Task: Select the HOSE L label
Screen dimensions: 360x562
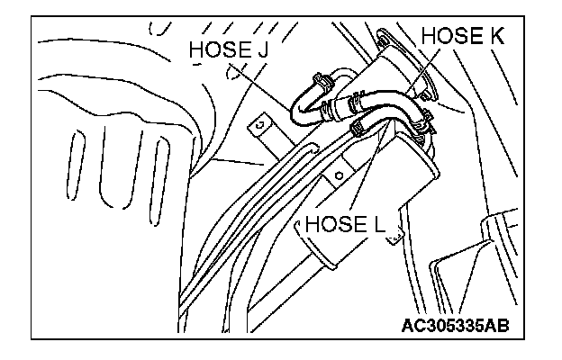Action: (x=346, y=221)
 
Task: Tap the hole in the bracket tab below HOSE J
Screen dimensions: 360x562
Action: (x=258, y=124)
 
